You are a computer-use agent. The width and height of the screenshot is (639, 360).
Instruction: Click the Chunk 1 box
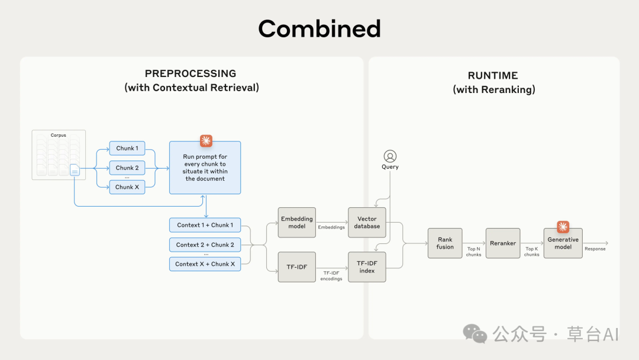click(127, 149)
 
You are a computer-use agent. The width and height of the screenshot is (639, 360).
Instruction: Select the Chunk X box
click(127, 187)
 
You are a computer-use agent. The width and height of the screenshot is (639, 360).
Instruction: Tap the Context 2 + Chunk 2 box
click(205, 245)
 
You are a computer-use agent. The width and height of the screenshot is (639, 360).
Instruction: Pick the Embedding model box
click(296, 223)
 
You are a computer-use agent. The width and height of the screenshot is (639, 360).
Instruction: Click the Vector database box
click(367, 223)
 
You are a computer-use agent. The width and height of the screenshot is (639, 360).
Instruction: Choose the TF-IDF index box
click(367, 267)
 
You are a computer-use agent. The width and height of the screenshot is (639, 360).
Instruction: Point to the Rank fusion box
click(445, 243)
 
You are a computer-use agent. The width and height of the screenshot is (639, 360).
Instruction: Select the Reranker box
click(503, 243)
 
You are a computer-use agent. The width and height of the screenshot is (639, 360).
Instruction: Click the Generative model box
click(563, 243)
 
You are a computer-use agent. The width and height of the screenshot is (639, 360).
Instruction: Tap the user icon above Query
click(390, 156)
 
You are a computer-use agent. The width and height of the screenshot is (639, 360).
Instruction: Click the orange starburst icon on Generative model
click(563, 227)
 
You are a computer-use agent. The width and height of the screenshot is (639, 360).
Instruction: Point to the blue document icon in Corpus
click(75, 169)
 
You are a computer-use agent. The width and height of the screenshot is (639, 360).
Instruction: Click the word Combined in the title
click(319, 28)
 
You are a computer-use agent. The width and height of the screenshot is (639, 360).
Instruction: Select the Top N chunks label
click(473, 252)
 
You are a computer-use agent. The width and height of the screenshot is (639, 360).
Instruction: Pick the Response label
click(595, 249)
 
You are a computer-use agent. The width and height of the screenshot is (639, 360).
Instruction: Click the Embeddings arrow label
click(331, 227)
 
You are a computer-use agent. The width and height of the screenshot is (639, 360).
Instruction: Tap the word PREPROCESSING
click(191, 73)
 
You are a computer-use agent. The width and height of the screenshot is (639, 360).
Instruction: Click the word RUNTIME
click(493, 75)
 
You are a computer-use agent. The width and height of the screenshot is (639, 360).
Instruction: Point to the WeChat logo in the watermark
click(475, 334)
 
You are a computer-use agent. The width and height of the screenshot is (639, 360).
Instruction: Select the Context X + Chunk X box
click(205, 264)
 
